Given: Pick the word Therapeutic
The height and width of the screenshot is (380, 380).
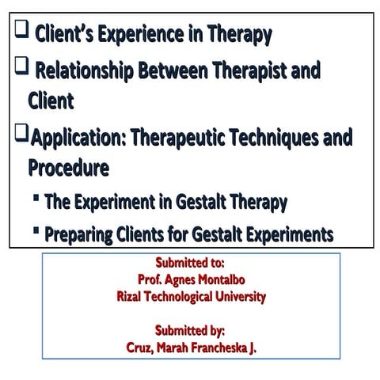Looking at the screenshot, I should tap(183, 139).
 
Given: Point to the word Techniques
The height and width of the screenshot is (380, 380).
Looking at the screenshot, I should tap(279, 139).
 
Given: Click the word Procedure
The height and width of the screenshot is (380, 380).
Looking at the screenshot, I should tap(68, 169).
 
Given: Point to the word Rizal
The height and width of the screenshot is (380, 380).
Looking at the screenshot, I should tap(130, 297).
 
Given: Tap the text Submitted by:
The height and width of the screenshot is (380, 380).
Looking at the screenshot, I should tap(190, 330).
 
